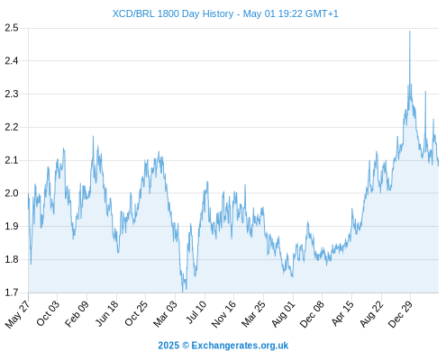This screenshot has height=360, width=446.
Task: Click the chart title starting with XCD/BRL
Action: click(x=225, y=13)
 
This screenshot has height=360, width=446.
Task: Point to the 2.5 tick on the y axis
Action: click(x=12, y=28)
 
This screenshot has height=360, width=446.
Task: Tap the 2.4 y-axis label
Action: click(x=12, y=61)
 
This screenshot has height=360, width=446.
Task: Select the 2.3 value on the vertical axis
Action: click(x=12, y=94)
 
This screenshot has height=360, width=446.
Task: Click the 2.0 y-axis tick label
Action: click(x=12, y=193)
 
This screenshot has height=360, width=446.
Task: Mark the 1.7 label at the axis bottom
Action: click(x=12, y=292)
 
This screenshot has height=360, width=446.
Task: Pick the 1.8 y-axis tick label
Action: click(x=12, y=259)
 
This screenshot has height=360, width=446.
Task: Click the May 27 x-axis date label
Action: click(x=18, y=314)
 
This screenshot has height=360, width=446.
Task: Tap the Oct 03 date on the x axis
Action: click(x=48, y=313)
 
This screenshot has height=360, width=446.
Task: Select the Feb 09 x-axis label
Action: click(x=77, y=313)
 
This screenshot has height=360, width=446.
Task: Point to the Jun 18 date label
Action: click(x=107, y=313)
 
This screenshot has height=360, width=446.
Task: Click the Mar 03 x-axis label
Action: click(x=166, y=313)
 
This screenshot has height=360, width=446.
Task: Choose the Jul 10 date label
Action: click(x=196, y=312)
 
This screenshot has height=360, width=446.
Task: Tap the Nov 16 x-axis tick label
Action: click(x=223, y=314)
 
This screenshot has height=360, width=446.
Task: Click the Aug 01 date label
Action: click(x=283, y=314)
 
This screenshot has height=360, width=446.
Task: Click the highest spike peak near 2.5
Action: click(x=410, y=31)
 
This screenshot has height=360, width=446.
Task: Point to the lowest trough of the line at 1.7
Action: click(x=182, y=292)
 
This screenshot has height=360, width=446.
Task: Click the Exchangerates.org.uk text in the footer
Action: click(x=240, y=346)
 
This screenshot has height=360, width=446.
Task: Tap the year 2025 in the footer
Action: click(x=168, y=346)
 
